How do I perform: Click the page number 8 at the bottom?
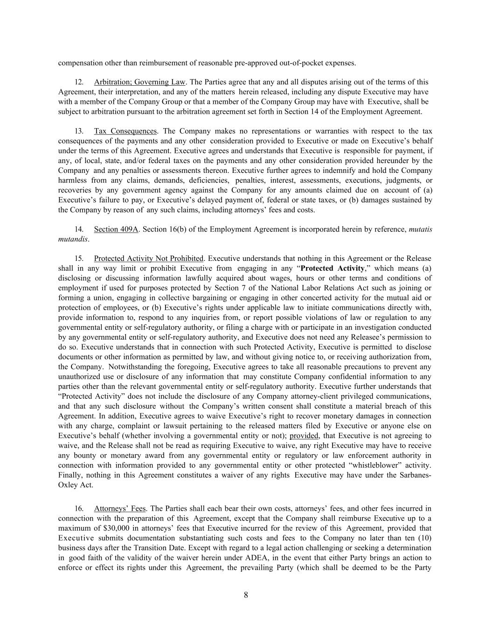[x=246, y=595]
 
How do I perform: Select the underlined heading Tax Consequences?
[x=125, y=131]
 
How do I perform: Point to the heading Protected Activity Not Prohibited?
[x=149, y=258]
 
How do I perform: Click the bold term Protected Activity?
[x=333, y=268]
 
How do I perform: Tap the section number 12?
[x=79, y=82]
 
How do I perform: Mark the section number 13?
[x=79, y=131]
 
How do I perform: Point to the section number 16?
[x=79, y=508]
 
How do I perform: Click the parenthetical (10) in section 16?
[x=423, y=538]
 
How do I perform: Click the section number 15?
[x=79, y=258]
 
